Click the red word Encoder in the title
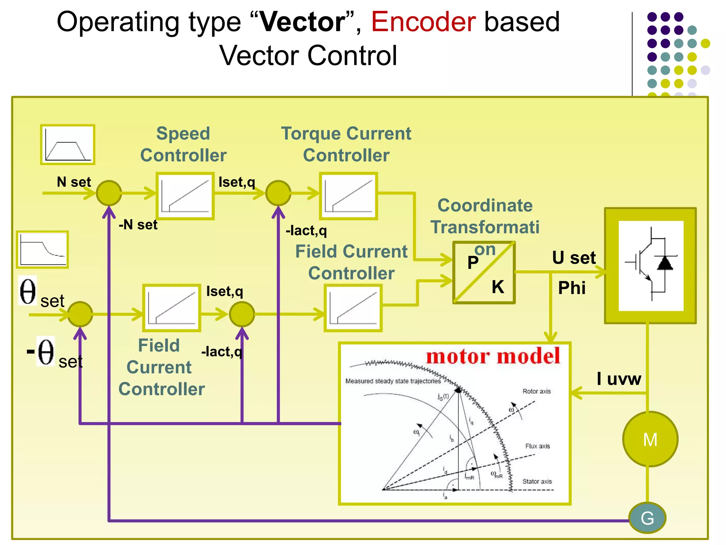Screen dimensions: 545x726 click(423, 22)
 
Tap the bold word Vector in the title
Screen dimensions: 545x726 click(302, 22)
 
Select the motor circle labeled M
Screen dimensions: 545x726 click(650, 439)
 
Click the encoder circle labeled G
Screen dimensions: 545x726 click(647, 518)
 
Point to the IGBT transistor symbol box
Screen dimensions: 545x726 click(650, 266)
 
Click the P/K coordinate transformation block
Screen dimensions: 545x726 click(484, 272)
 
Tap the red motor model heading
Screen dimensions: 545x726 click(493, 356)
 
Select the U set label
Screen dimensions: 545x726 click(574, 258)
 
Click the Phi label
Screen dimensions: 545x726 click(571, 287)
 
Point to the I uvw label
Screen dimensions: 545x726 click(619, 379)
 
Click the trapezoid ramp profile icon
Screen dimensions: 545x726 click(68, 144)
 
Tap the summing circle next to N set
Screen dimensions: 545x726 click(109, 193)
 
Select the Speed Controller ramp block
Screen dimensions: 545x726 click(185, 196)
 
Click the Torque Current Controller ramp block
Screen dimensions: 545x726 click(348, 196)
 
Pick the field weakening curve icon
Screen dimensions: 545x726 click(43, 249)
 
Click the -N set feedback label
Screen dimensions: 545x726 click(138, 225)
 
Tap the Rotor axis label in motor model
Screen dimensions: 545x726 click(536, 391)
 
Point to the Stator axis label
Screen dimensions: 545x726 click(537, 481)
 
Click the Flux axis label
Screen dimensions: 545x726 click(537, 446)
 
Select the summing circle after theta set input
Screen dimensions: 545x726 click(80, 314)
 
